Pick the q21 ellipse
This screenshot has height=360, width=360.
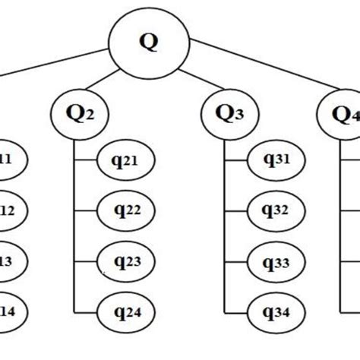(x=127, y=161)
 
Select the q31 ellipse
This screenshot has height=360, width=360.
(x=277, y=161)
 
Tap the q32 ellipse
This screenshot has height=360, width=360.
(x=277, y=211)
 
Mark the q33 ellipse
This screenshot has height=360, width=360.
(x=277, y=262)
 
